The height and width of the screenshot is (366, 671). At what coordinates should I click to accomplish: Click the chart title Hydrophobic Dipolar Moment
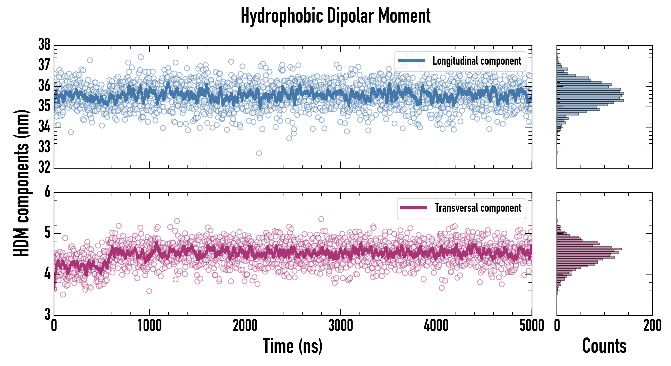[x=335, y=16]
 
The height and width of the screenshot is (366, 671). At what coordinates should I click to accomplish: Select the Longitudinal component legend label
[x=477, y=61]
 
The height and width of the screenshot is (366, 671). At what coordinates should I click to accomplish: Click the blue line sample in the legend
[x=412, y=61]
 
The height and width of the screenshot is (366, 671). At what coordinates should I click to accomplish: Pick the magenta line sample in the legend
[x=414, y=208]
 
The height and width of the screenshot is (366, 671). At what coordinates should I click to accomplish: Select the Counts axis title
[x=604, y=346]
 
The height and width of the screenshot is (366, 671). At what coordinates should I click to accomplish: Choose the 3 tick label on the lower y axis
[x=47, y=314]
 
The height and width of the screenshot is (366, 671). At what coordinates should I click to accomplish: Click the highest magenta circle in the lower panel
[x=321, y=219]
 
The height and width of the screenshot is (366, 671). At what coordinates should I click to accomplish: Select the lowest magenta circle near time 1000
[x=149, y=291]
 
